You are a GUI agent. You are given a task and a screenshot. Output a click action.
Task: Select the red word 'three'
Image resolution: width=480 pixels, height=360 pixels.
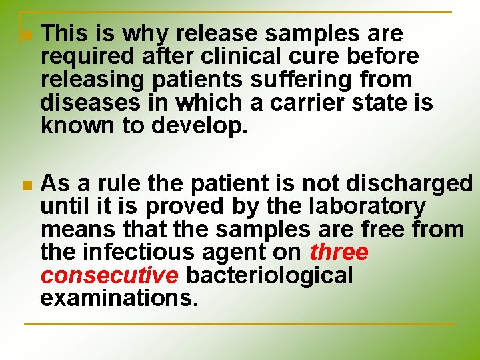(339, 253)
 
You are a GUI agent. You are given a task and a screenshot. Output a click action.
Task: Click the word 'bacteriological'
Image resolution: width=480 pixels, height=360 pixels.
(269, 275)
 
